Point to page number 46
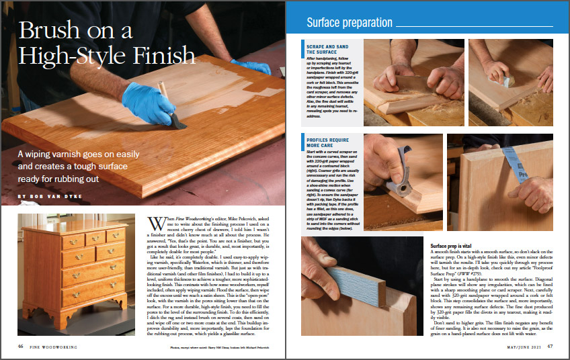pos(22,347)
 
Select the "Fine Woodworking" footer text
pos(53,347)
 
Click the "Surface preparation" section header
pos(349,22)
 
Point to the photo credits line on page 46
pos(212,347)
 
